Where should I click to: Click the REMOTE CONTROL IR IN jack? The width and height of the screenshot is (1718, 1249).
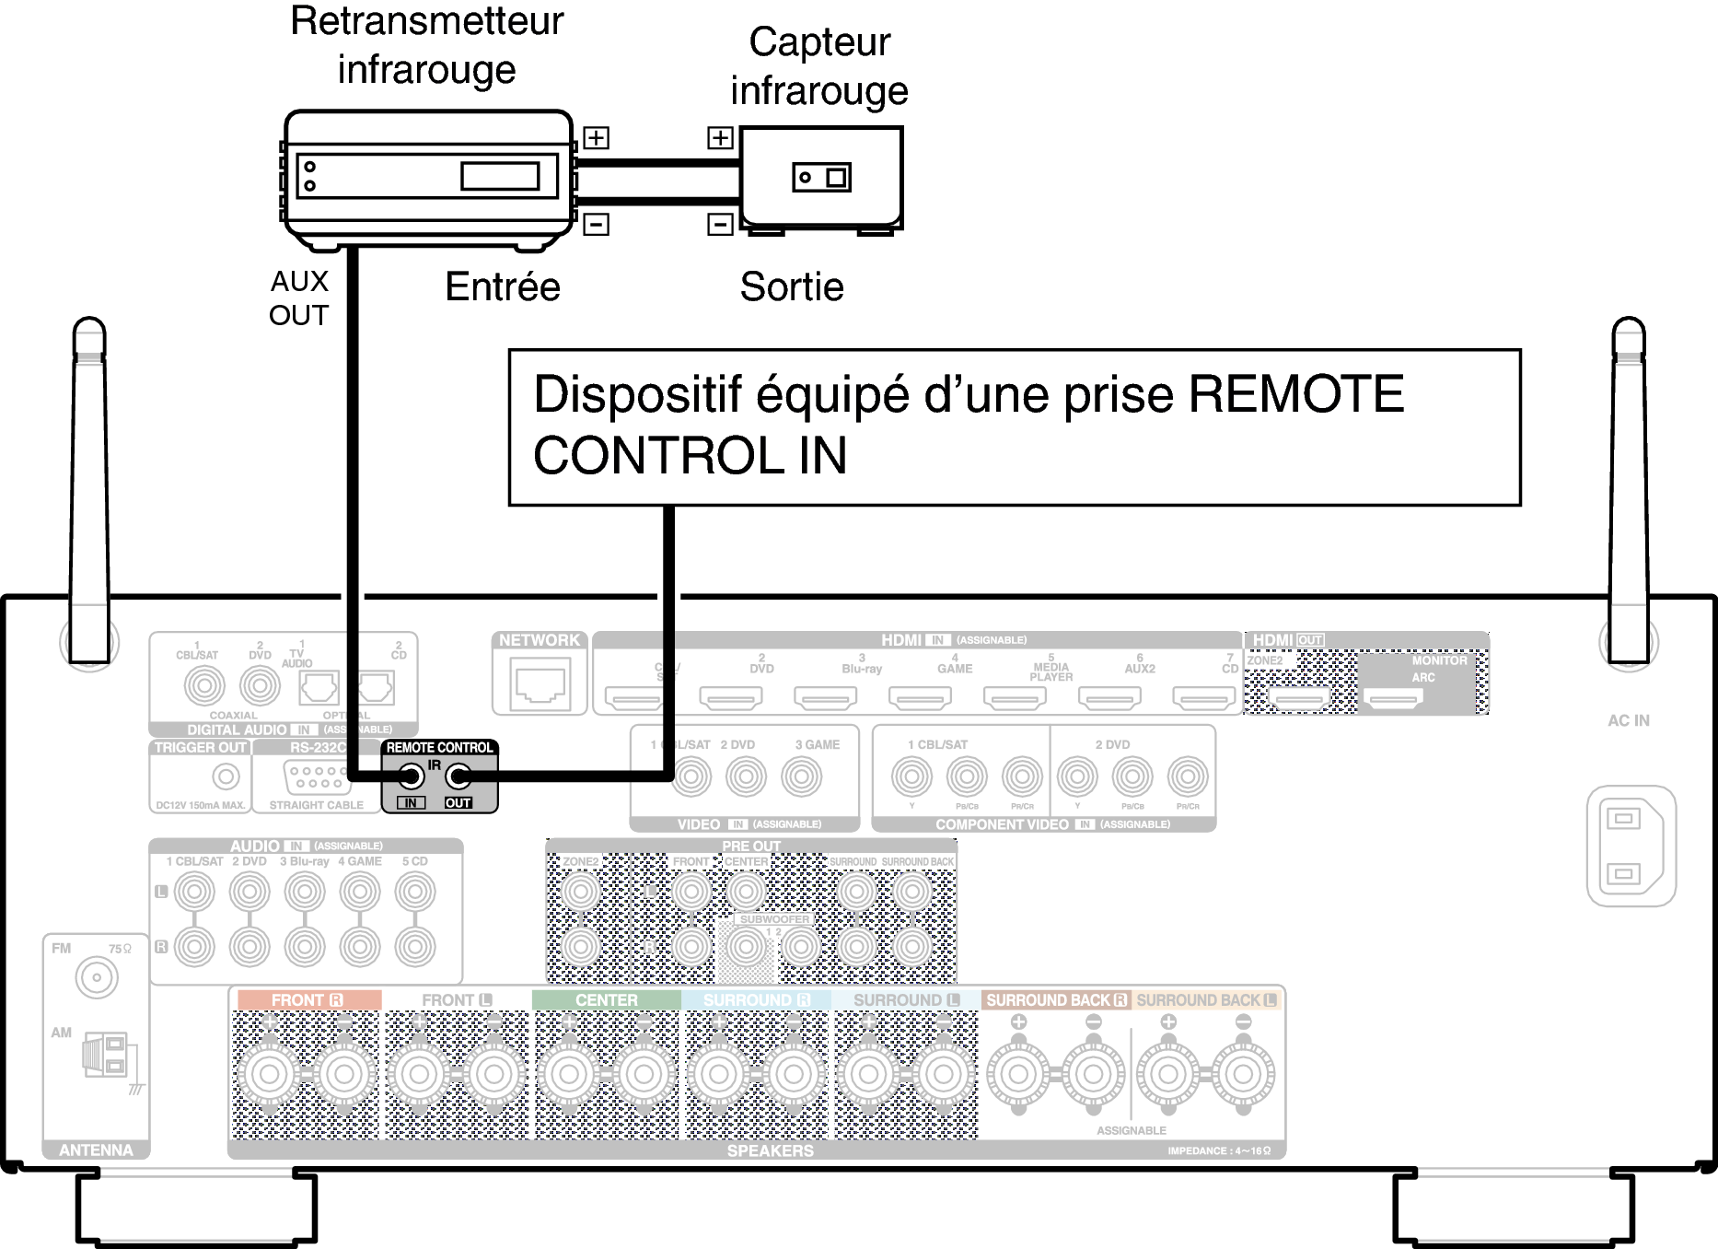412,776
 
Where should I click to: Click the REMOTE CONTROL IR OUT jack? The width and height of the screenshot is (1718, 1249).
459,776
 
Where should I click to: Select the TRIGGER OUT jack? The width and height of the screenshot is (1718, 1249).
226,776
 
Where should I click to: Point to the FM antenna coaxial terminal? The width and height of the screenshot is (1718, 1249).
97,977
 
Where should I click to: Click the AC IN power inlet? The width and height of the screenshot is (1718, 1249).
1631,846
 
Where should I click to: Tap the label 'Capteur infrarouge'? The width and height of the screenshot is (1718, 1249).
819,66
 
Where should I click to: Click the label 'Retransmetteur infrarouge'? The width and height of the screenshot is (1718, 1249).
426,45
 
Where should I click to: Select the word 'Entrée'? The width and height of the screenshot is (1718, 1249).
503,286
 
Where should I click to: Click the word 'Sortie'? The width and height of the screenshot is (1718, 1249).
792,286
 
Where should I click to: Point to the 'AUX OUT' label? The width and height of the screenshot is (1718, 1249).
299,298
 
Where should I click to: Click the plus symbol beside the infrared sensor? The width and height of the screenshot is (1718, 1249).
720,138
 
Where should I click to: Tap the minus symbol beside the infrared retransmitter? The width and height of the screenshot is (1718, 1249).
597,224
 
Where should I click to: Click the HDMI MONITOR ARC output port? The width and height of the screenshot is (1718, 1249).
1393,700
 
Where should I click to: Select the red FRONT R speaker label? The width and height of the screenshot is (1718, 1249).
308,1000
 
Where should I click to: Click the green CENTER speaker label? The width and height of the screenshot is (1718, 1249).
606,1000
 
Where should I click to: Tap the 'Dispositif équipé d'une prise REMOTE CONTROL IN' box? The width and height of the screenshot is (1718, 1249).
1014,426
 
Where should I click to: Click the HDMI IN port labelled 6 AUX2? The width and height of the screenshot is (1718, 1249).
1109,699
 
